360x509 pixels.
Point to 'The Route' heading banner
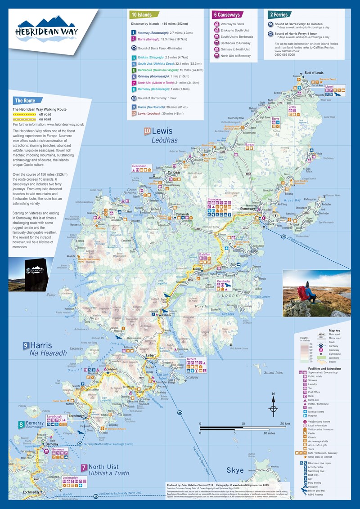click(x=25, y=101)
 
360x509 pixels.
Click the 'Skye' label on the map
click(x=234, y=470)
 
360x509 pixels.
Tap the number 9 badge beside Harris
click(x=26, y=345)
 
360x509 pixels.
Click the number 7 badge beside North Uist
click(x=84, y=467)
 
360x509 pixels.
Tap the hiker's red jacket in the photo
click(x=310, y=294)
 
